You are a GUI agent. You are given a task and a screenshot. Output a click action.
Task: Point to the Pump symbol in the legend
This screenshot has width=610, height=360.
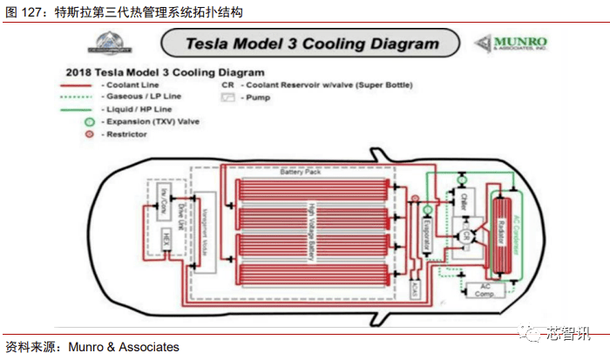pos(229,98)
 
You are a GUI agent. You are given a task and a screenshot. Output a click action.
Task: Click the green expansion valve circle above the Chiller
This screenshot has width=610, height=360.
pos(463,180)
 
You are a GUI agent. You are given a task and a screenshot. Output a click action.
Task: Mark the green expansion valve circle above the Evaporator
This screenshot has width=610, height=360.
pos(427,209)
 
